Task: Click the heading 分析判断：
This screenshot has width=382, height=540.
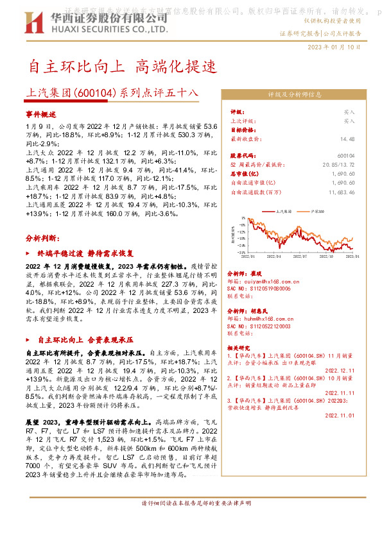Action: (x=43, y=237)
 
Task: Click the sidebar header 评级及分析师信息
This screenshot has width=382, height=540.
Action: (x=295, y=94)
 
